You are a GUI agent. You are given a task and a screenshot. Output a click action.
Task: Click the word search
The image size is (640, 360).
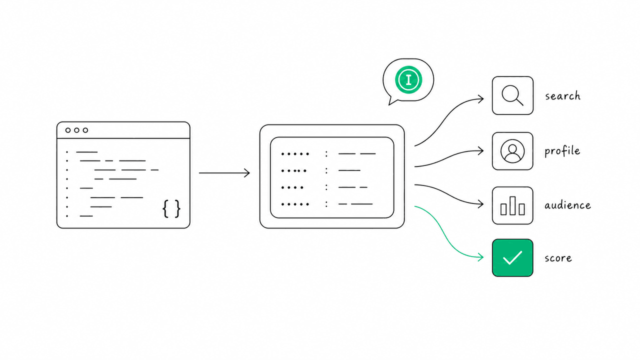pyautogui.click(x=562, y=96)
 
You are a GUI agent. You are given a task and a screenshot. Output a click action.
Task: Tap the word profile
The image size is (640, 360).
pyautogui.click(x=562, y=151)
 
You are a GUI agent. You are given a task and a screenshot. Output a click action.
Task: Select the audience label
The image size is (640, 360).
pyautogui.click(x=567, y=205)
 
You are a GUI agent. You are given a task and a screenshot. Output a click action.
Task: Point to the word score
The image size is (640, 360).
pyautogui.click(x=558, y=258)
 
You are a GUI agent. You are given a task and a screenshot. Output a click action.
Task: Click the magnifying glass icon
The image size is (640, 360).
pyautogui.click(x=512, y=95)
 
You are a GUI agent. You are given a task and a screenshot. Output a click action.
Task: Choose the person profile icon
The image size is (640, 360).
pyautogui.click(x=512, y=151)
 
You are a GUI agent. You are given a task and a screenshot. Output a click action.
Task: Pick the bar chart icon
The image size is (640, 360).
pyautogui.click(x=512, y=205)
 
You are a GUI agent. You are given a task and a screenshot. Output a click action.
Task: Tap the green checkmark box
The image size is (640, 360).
pyautogui.click(x=512, y=257)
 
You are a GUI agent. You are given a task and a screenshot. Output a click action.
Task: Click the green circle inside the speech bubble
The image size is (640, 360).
pyautogui.click(x=408, y=79)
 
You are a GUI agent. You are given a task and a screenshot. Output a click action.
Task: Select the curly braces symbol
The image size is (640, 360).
pyautogui.click(x=171, y=209)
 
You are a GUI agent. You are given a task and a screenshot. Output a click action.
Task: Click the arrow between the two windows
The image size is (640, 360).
pyautogui.click(x=224, y=173)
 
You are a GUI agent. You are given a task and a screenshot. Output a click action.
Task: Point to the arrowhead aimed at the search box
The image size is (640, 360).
pyautogui.click(x=480, y=99)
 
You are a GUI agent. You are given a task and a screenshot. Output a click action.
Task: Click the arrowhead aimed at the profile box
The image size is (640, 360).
pyautogui.click(x=480, y=151)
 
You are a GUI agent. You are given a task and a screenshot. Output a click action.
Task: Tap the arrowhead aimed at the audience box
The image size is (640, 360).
pyautogui.click(x=480, y=204)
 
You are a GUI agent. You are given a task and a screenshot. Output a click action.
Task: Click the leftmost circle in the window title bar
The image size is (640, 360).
pyautogui.click(x=68, y=130)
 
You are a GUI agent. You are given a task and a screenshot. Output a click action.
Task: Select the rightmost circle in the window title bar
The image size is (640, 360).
pyautogui.click(x=85, y=130)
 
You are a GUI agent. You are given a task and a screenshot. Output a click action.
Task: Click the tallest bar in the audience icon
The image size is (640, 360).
pyautogui.click(x=512, y=205)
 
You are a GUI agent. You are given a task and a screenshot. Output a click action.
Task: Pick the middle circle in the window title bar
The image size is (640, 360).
pyautogui.click(x=76, y=130)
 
